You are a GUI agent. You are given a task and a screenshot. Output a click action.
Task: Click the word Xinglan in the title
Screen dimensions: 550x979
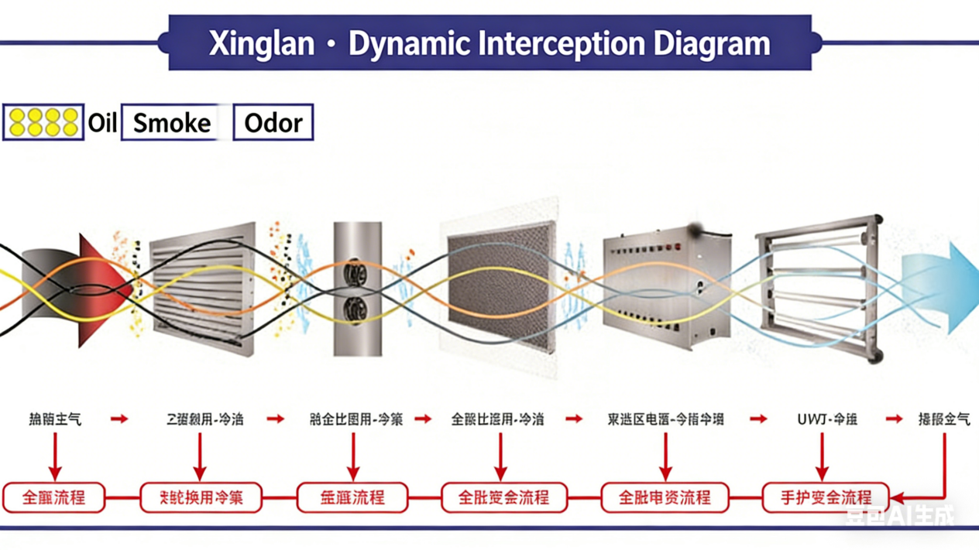click(x=261, y=44)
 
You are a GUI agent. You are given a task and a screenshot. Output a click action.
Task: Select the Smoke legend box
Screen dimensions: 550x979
click(x=173, y=123)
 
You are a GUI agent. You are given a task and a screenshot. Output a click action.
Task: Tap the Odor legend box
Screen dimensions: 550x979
click(x=273, y=123)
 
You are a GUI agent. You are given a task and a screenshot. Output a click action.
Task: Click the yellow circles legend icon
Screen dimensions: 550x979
click(x=43, y=122)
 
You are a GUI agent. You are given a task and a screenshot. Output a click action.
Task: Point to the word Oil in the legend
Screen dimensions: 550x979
click(x=102, y=123)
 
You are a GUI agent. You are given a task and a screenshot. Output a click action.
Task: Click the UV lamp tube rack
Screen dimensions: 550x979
click(x=819, y=286)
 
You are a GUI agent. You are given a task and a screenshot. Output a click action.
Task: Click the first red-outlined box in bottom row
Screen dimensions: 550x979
click(x=54, y=497)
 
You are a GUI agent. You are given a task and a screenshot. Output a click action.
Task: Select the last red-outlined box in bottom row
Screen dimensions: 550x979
click(x=825, y=497)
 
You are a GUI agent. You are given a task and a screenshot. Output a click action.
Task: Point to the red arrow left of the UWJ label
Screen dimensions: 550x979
click(x=758, y=419)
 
